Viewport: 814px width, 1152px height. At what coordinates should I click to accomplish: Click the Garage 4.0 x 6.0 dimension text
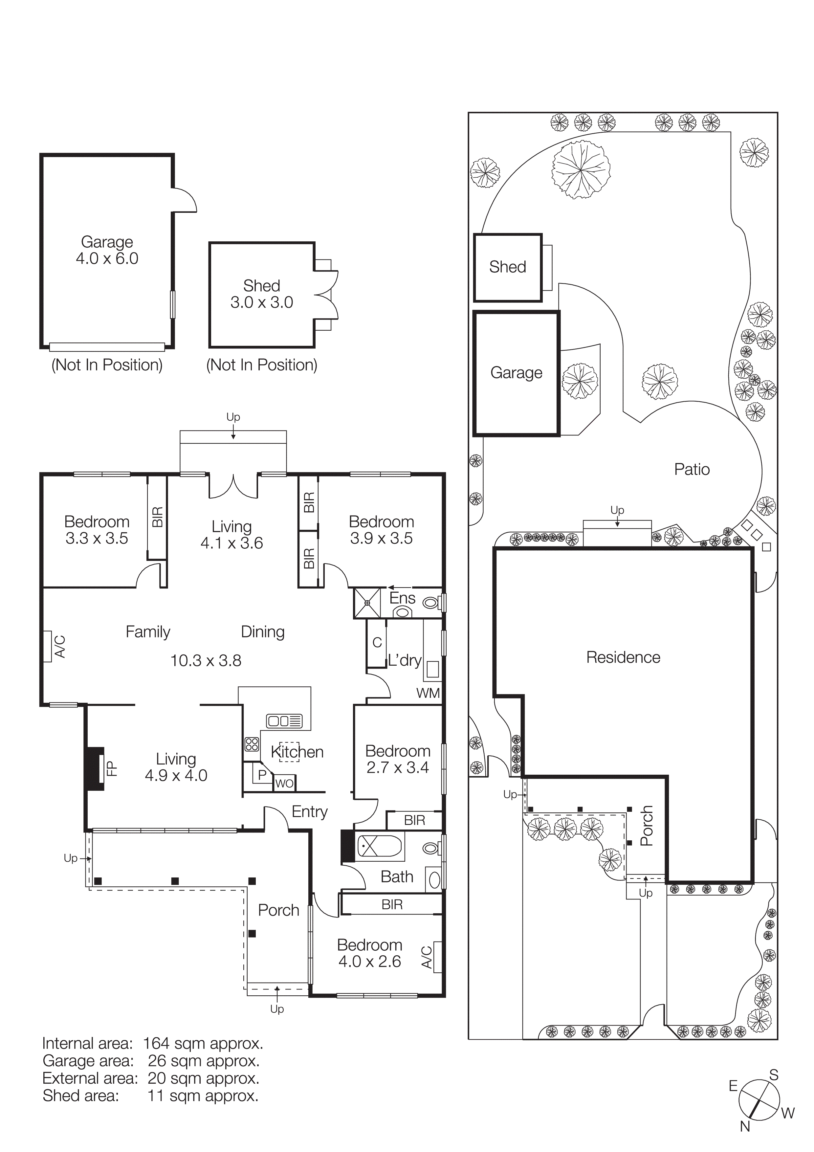[107, 259]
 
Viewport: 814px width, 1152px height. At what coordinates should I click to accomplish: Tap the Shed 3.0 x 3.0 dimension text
[261, 302]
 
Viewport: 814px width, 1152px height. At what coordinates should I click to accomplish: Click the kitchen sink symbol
[284, 721]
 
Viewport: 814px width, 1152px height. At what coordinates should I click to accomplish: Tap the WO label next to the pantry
[284, 784]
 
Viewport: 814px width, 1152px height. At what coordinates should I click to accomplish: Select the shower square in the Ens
[367, 603]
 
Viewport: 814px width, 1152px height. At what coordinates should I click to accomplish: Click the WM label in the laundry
[428, 694]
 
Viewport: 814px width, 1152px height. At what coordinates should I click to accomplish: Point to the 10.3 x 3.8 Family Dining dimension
[206, 661]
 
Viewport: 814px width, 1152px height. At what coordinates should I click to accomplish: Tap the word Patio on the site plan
[692, 470]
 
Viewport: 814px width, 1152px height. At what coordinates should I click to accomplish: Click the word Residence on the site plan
[623, 657]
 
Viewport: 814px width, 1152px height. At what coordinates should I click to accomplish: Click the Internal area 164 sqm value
[203, 1044]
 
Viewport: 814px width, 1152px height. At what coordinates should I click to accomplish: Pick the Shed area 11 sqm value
[203, 1096]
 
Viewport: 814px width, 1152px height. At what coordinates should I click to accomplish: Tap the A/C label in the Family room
[60, 647]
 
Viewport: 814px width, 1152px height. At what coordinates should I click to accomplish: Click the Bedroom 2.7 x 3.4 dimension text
[397, 768]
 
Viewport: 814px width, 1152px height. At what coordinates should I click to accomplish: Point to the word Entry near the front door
[309, 812]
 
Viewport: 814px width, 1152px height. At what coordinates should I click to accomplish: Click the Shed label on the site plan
[508, 267]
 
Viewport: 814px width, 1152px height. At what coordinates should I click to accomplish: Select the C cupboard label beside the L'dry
[377, 642]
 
